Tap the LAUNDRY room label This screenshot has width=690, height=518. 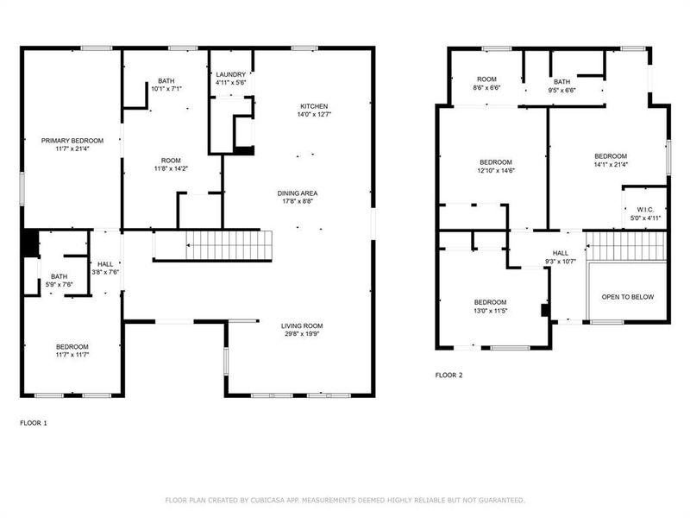[x=230, y=75]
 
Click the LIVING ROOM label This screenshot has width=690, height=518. [x=302, y=325]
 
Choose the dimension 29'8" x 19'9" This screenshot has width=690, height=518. [x=302, y=334]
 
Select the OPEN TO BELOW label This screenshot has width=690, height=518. [x=627, y=297]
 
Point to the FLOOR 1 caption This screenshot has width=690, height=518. [x=34, y=423]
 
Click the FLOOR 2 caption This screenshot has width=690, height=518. [x=448, y=376]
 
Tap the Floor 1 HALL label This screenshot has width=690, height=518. [x=105, y=264]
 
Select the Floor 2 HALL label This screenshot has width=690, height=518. [x=561, y=253]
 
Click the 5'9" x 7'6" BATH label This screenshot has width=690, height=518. [x=60, y=276]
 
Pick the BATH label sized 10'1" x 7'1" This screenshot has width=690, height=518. [x=166, y=80]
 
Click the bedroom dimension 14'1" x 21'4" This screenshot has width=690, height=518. [x=611, y=164]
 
